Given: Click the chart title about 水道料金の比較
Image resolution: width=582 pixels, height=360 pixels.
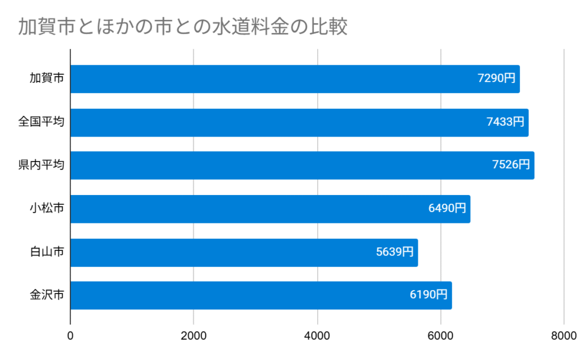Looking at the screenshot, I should click(x=182, y=27).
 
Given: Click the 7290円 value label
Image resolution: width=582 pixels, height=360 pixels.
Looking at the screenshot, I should click(x=496, y=79).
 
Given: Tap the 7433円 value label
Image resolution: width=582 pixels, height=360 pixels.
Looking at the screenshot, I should click(x=505, y=122).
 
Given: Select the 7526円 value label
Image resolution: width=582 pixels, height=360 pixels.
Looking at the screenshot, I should click(x=511, y=165).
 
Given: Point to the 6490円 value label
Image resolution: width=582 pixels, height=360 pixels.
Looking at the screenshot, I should click(x=447, y=209).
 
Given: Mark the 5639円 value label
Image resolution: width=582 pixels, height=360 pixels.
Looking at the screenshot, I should click(x=395, y=253).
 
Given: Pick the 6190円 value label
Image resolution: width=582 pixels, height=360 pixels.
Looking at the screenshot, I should click(x=429, y=295).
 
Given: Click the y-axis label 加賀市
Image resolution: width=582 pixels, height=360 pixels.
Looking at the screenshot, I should click(x=47, y=79).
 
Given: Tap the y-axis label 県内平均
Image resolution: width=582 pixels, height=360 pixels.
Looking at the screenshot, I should click(x=41, y=165).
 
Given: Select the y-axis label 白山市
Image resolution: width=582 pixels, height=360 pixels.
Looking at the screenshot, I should click(x=47, y=253).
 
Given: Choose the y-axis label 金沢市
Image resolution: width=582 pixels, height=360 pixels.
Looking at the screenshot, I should click(x=47, y=295).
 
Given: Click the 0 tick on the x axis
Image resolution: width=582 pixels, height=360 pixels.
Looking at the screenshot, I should click(x=70, y=336).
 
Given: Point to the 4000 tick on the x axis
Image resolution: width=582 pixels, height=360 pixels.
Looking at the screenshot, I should click(x=317, y=336).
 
